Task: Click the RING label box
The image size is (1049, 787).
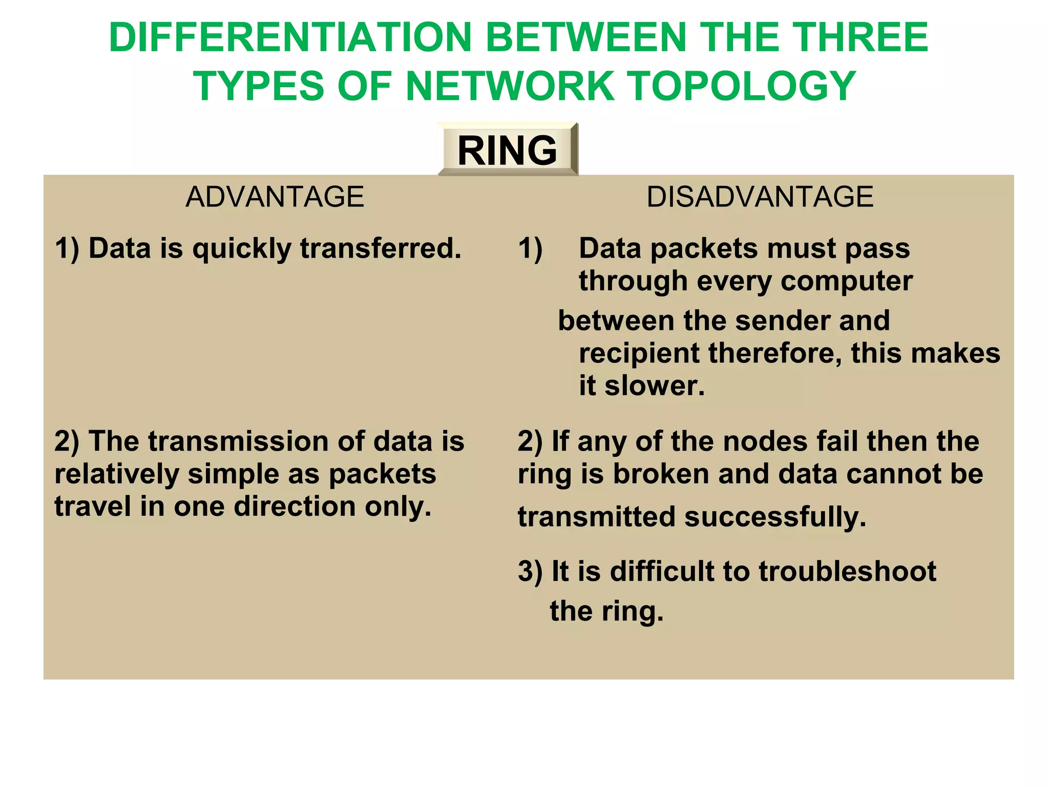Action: coord(507,150)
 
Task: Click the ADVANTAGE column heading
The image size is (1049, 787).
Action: coord(275,197)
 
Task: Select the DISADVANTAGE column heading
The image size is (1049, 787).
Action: coord(760,197)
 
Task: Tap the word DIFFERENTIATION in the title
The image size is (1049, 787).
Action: coord(290,38)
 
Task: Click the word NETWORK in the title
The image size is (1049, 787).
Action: coord(510,86)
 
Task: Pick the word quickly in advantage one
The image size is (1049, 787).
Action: coord(242,250)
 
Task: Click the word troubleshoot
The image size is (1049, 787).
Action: coord(847,571)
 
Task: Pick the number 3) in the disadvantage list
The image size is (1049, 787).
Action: coord(530,571)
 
